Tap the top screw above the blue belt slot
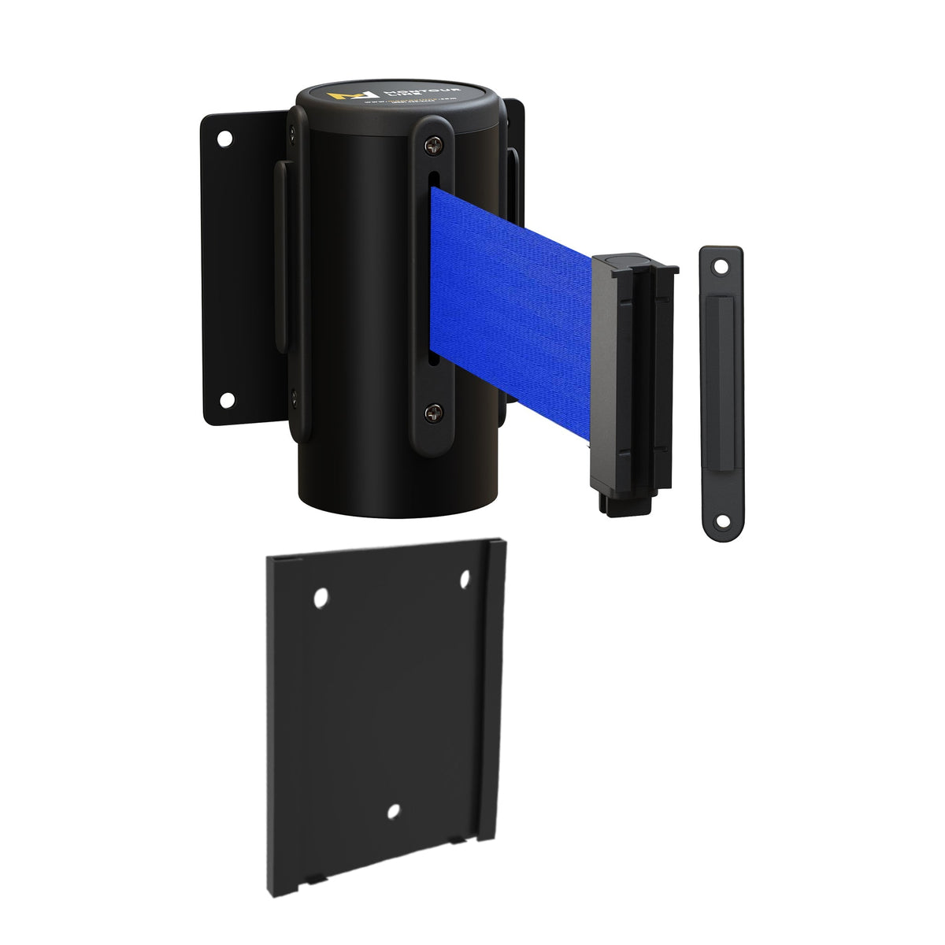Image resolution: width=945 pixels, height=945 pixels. [434, 145]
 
